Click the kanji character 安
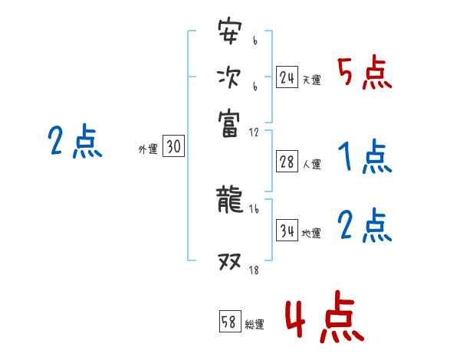point(229,34)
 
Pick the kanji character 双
point(229,264)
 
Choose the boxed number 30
point(173,147)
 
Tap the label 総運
point(255,324)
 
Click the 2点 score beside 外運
point(74,142)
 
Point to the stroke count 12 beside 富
point(253,132)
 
